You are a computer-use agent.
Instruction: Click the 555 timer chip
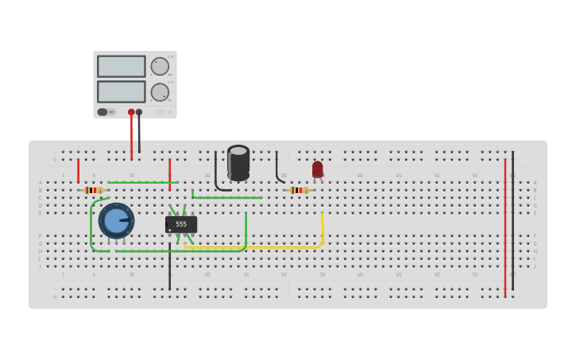pyautogui.click(x=181, y=224)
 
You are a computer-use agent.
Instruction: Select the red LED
pyautogui.click(x=318, y=169)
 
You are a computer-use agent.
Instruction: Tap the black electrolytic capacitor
pyautogui.click(x=238, y=162)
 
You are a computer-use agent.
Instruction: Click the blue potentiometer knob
pyautogui.click(x=116, y=221)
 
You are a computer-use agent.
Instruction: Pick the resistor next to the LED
pyautogui.click(x=299, y=190)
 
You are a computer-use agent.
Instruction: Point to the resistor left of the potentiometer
pyautogui.click(x=94, y=190)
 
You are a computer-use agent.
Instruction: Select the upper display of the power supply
pyautogui.click(x=121, y=66)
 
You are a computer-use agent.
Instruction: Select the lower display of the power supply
pyautogui.click(x=121, y=91)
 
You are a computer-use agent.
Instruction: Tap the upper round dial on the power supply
pyautogui.click(x=160, y=66)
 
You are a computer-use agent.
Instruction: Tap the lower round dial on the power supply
pyautogui.click(x=160, y=92)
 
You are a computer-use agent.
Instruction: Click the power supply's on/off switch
pyautogui.click(x=102, y=112)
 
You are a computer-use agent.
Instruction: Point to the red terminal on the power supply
pyautogui.click(x=131, y=112)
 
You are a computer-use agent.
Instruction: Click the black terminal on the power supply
pyautogui.click(x=139, y=112)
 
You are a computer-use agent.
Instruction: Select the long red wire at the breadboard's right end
pyautogui.click(x=504, y=230)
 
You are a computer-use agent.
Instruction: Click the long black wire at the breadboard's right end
pyautogui.click(x=512, y=223)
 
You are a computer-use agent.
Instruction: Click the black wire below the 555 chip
pyautogui.click(x=169, y=270)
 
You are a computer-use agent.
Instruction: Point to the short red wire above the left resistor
pyautogui.click(x=78, y=171)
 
